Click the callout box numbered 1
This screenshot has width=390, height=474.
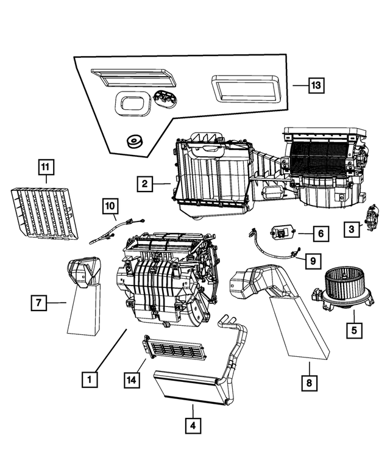click(x=90, y=380)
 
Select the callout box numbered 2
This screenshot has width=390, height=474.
click(x=144, y=183)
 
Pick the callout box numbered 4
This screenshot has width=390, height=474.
click(x=192, y=425)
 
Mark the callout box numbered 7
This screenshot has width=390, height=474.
click(x=40, y=301)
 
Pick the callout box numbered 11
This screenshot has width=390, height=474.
click(x=46, y=166)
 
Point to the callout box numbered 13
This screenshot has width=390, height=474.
click(x=315, y=86)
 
